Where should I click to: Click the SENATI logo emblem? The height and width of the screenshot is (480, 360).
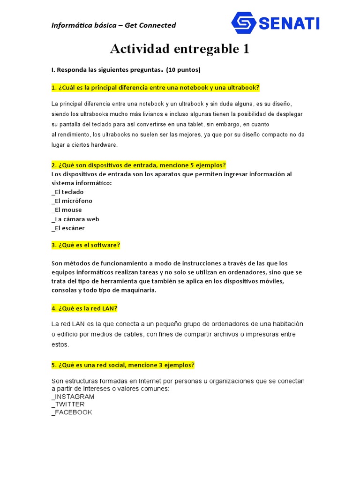pyautogui.click(x=244, y=23)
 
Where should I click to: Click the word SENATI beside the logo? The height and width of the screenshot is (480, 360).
pyautogui.click(x=288, y=23)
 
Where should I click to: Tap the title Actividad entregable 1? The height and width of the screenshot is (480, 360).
pyautogui.click(x=180, y=49)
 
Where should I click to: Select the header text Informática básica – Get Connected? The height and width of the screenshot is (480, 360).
pyautogui.click(x=113, y=25)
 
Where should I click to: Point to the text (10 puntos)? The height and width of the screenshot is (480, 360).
pyautogui.click(x=183, y=70)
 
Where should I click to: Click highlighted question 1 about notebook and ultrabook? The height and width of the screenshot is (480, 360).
pyautogui.click(x=156, y=88)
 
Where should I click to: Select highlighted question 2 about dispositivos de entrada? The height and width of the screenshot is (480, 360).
pyautogui.click(x=139, y=165)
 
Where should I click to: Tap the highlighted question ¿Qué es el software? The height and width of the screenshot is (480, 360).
pyautogui.click(x=86, y=245)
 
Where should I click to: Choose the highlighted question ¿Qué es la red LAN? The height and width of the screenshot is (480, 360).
pyautogui.click(x=84, y=308)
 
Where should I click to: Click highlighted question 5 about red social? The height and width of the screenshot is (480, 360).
pyautogui.click(x=123, y=365)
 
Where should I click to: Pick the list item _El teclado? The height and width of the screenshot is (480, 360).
pyautogui.click(x=67, y=192)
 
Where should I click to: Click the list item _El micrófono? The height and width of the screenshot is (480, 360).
pyautogui.click(x=72, y=201)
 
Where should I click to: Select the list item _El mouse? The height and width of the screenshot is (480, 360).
pyautogui.click(x=67, y=210)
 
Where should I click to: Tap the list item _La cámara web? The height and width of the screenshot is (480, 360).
pyautogui.click(x=75, y=219)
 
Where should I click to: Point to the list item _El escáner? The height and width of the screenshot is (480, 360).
pyautogui.click(x=68, y=228)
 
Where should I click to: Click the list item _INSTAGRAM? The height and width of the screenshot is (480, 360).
pyautogui.click(x=73, y=397)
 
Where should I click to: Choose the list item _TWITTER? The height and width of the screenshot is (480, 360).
pyautogui.click(x=68, y=404)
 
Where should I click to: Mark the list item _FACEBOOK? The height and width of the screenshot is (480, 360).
pyautogui.click(x=72, y=412)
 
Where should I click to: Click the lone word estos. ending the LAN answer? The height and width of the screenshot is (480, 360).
pyautogui.click(x=60, y=345)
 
